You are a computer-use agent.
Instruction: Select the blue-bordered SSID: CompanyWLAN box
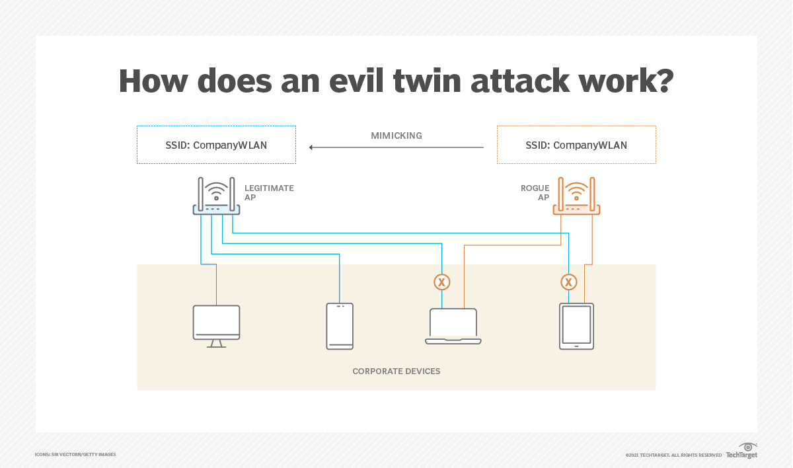coord(216,145)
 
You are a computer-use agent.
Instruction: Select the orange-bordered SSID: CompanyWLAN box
coord(576,145)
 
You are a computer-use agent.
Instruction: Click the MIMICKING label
coord(397,136)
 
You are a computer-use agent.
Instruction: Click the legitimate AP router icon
coord(216,196)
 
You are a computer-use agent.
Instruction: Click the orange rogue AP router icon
coord(576,196)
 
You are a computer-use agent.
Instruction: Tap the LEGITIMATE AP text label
coord(269,193)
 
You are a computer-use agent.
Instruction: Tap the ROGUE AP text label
coord(535,193)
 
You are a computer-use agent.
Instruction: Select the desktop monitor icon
coord(216,326)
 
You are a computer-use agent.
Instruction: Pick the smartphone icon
coord(340,326)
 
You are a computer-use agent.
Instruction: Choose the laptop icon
coord(453,326)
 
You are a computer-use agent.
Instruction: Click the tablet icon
coord(576,326)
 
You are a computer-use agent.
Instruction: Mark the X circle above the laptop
coord(441,282)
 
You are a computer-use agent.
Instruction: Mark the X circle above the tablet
coord(568,282)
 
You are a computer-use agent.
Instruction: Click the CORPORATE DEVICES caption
coord(397,371)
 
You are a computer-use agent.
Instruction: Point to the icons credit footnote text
coord(75,455)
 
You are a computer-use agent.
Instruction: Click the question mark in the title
coord(663,81)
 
